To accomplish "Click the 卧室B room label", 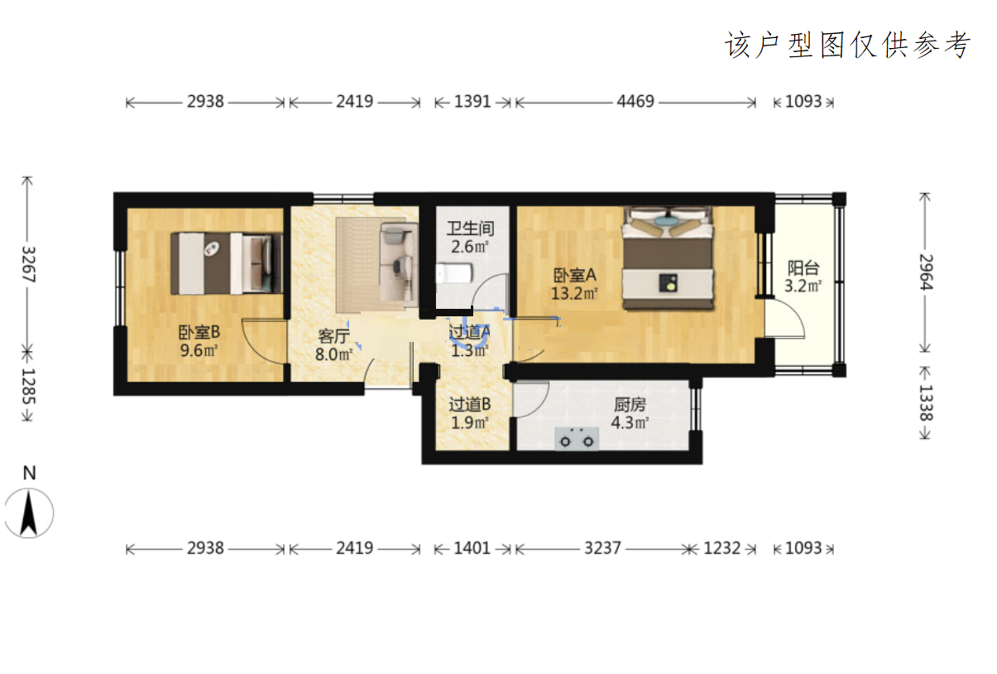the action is click(199, 332).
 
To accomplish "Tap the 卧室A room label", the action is click(574, 275).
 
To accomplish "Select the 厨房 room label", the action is click(630, 405).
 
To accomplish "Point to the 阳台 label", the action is click(803, 267).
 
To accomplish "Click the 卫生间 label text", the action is click(471, 229).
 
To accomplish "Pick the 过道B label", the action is click(470, 405).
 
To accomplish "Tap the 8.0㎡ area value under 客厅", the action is click(333, 354).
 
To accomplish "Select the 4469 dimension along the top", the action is click(635, 102).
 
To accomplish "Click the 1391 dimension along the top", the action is click(472, 102).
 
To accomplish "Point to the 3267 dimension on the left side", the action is click(29, 264).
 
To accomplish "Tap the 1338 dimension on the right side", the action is click(926, 402).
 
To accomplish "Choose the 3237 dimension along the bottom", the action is click(602, 548).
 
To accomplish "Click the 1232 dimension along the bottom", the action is click(722, 548).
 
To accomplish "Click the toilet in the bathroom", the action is click(453, 272).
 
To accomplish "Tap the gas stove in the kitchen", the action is click(577, 438).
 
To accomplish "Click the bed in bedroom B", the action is click(227, 263).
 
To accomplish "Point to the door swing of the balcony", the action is click(784, 319).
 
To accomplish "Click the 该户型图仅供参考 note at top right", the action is click(848, 45).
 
